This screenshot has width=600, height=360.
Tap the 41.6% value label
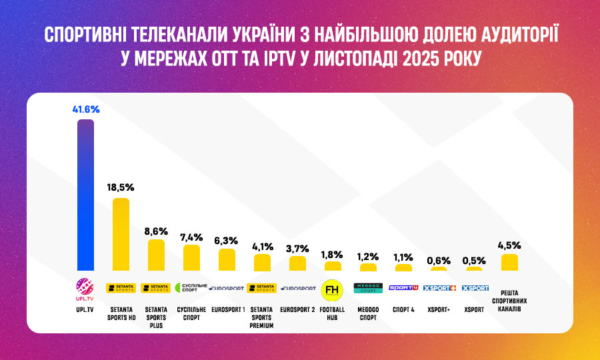pos(85,109)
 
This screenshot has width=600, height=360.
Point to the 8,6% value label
pos(156,230)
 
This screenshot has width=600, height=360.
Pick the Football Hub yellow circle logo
pos(332,290)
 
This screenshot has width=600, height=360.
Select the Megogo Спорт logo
pos(367,288)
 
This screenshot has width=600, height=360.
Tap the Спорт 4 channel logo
pos(403,288)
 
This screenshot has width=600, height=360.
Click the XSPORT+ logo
pos(439,288)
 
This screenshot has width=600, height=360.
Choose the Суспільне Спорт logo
pos(191,288)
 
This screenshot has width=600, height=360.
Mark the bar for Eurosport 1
pos(227,260)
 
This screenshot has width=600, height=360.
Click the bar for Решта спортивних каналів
pos(509,263)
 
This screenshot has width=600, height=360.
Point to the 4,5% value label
pos(509,245)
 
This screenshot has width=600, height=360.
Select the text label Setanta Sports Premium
pos(261,318)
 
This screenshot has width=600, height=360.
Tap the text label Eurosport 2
pos(297,309)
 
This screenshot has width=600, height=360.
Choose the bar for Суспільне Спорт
pos(191,258)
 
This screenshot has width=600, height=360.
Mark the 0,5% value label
pos(474,260)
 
